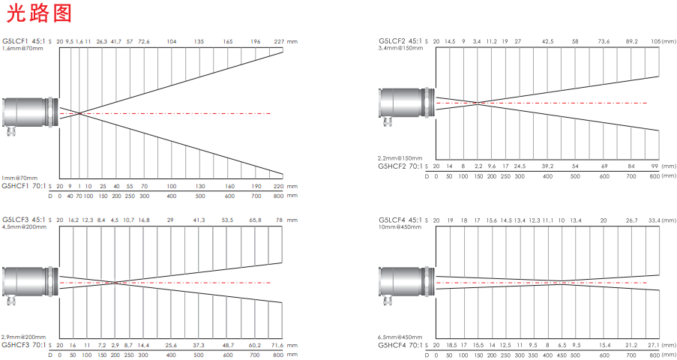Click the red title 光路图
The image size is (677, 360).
tap(38, 13)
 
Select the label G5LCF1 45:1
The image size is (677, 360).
tap(24, 41)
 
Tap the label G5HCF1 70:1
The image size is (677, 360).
tap(24, 186)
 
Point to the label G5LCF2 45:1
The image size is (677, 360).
tap(400, 41)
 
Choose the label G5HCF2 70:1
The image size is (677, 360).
tap(400, 166)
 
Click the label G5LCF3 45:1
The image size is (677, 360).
tap(24, 220)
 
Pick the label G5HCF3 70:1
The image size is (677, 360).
tap(24, 345)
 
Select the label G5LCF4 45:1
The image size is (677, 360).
tap(400, 220)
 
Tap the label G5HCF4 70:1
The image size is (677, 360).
tap(400, 345)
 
